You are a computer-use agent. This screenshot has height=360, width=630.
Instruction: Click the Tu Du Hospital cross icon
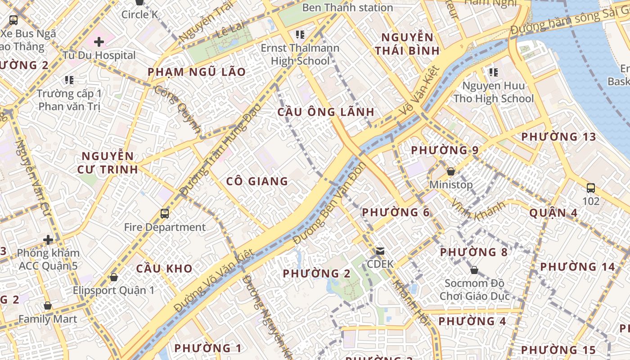[x=99, y=42]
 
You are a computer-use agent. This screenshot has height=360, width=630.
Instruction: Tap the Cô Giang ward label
[x=257, y=181]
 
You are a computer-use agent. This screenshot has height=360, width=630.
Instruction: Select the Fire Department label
[x=165, y=227]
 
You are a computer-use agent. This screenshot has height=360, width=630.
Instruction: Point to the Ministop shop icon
[x=451, y=171]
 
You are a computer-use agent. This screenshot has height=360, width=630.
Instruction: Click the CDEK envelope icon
[x=380, y=251]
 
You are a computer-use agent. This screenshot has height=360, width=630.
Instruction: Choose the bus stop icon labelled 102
[x=591, y=188]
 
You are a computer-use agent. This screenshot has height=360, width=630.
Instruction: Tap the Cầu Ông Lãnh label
[x=326, y=112]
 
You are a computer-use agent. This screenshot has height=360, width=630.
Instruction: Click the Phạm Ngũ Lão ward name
[x=197, y=72]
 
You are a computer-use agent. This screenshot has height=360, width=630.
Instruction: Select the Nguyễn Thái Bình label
[x=407, y=44]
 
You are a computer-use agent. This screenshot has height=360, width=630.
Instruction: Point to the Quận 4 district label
[x=553, y=213]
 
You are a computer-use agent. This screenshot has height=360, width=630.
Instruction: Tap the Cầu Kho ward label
[x=164, y=269]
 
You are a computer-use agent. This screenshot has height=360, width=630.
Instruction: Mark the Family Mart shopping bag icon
[x=48, y=306]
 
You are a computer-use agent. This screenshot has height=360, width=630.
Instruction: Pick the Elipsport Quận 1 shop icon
[x=114, y=277]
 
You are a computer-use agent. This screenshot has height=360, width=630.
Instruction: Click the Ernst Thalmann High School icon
[x=300, y=34]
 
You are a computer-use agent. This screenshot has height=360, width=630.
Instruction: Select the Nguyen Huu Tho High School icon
[x=493, y=72]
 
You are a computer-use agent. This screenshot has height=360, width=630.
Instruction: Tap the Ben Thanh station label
[x=347, y=8]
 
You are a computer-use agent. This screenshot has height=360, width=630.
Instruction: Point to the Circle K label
[x=139, y=14]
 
